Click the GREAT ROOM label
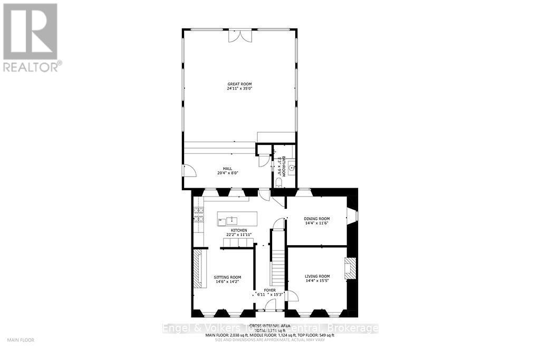(240, 84)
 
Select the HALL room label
(227, 169)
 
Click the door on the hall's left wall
(188, 170)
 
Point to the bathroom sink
(291, 169)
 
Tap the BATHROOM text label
(283, 167)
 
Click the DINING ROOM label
(317, 219)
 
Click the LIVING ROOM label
(317, 276)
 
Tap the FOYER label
(270, 290)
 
